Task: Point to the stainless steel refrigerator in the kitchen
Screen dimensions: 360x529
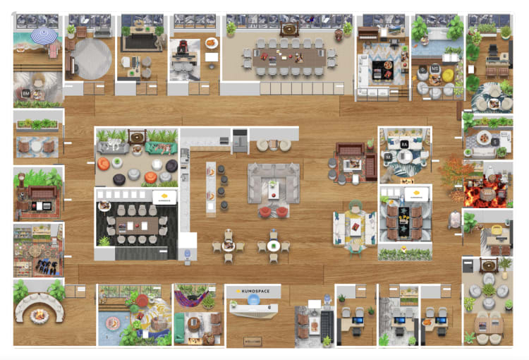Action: coord(241,140)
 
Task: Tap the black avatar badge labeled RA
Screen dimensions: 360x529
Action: coord(405,144)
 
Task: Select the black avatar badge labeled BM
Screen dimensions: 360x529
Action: coord(26,93)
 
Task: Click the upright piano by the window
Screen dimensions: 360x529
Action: coord(369,33)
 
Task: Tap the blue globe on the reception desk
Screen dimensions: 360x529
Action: coord(253,300)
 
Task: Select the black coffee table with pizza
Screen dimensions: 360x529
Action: coord(387,70)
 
